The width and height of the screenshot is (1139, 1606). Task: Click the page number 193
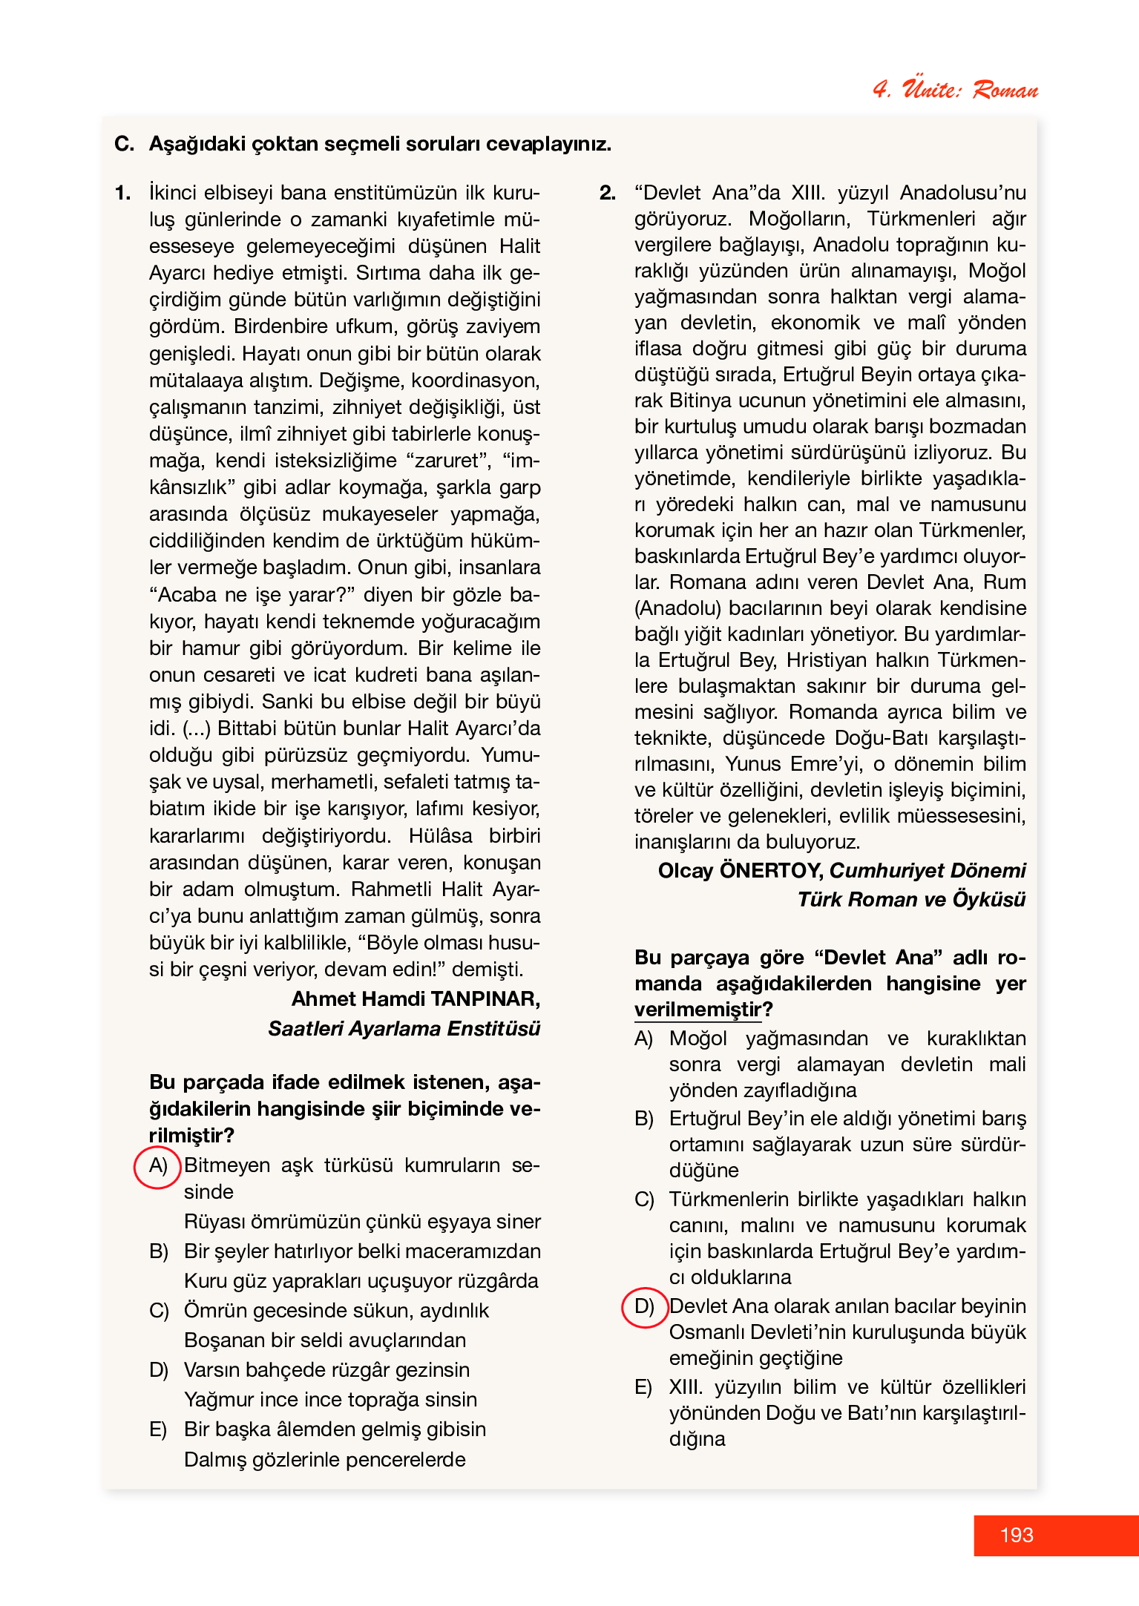point(1016,1535)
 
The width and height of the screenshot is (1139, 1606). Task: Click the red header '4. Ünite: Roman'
point(955,89)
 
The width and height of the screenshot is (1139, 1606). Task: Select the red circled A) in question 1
point(157,1165)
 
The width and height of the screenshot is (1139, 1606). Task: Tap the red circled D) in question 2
point(644,1306)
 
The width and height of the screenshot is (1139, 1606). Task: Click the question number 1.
point(122,193)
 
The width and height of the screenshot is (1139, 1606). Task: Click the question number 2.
point(607,193)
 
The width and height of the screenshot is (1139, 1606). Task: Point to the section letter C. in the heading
point(124,144)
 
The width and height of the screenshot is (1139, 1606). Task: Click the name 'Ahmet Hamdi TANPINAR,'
point(416,999)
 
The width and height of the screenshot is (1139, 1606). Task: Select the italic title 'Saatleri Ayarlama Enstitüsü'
point(404,1029)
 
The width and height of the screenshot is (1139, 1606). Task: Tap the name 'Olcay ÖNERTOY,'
point(740,871)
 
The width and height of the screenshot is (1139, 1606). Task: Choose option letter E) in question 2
point(643,1387)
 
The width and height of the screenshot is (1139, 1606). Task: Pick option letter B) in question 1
point(159,1251)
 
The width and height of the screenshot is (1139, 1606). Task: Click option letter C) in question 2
point(643,1199)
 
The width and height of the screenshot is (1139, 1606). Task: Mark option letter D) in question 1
point(159,1370)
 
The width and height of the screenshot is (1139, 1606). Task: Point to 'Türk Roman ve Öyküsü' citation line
point(911,900)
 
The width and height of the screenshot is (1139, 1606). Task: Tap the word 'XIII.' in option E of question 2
point(686,1387)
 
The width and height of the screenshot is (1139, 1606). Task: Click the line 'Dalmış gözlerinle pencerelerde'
point(324,1460)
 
